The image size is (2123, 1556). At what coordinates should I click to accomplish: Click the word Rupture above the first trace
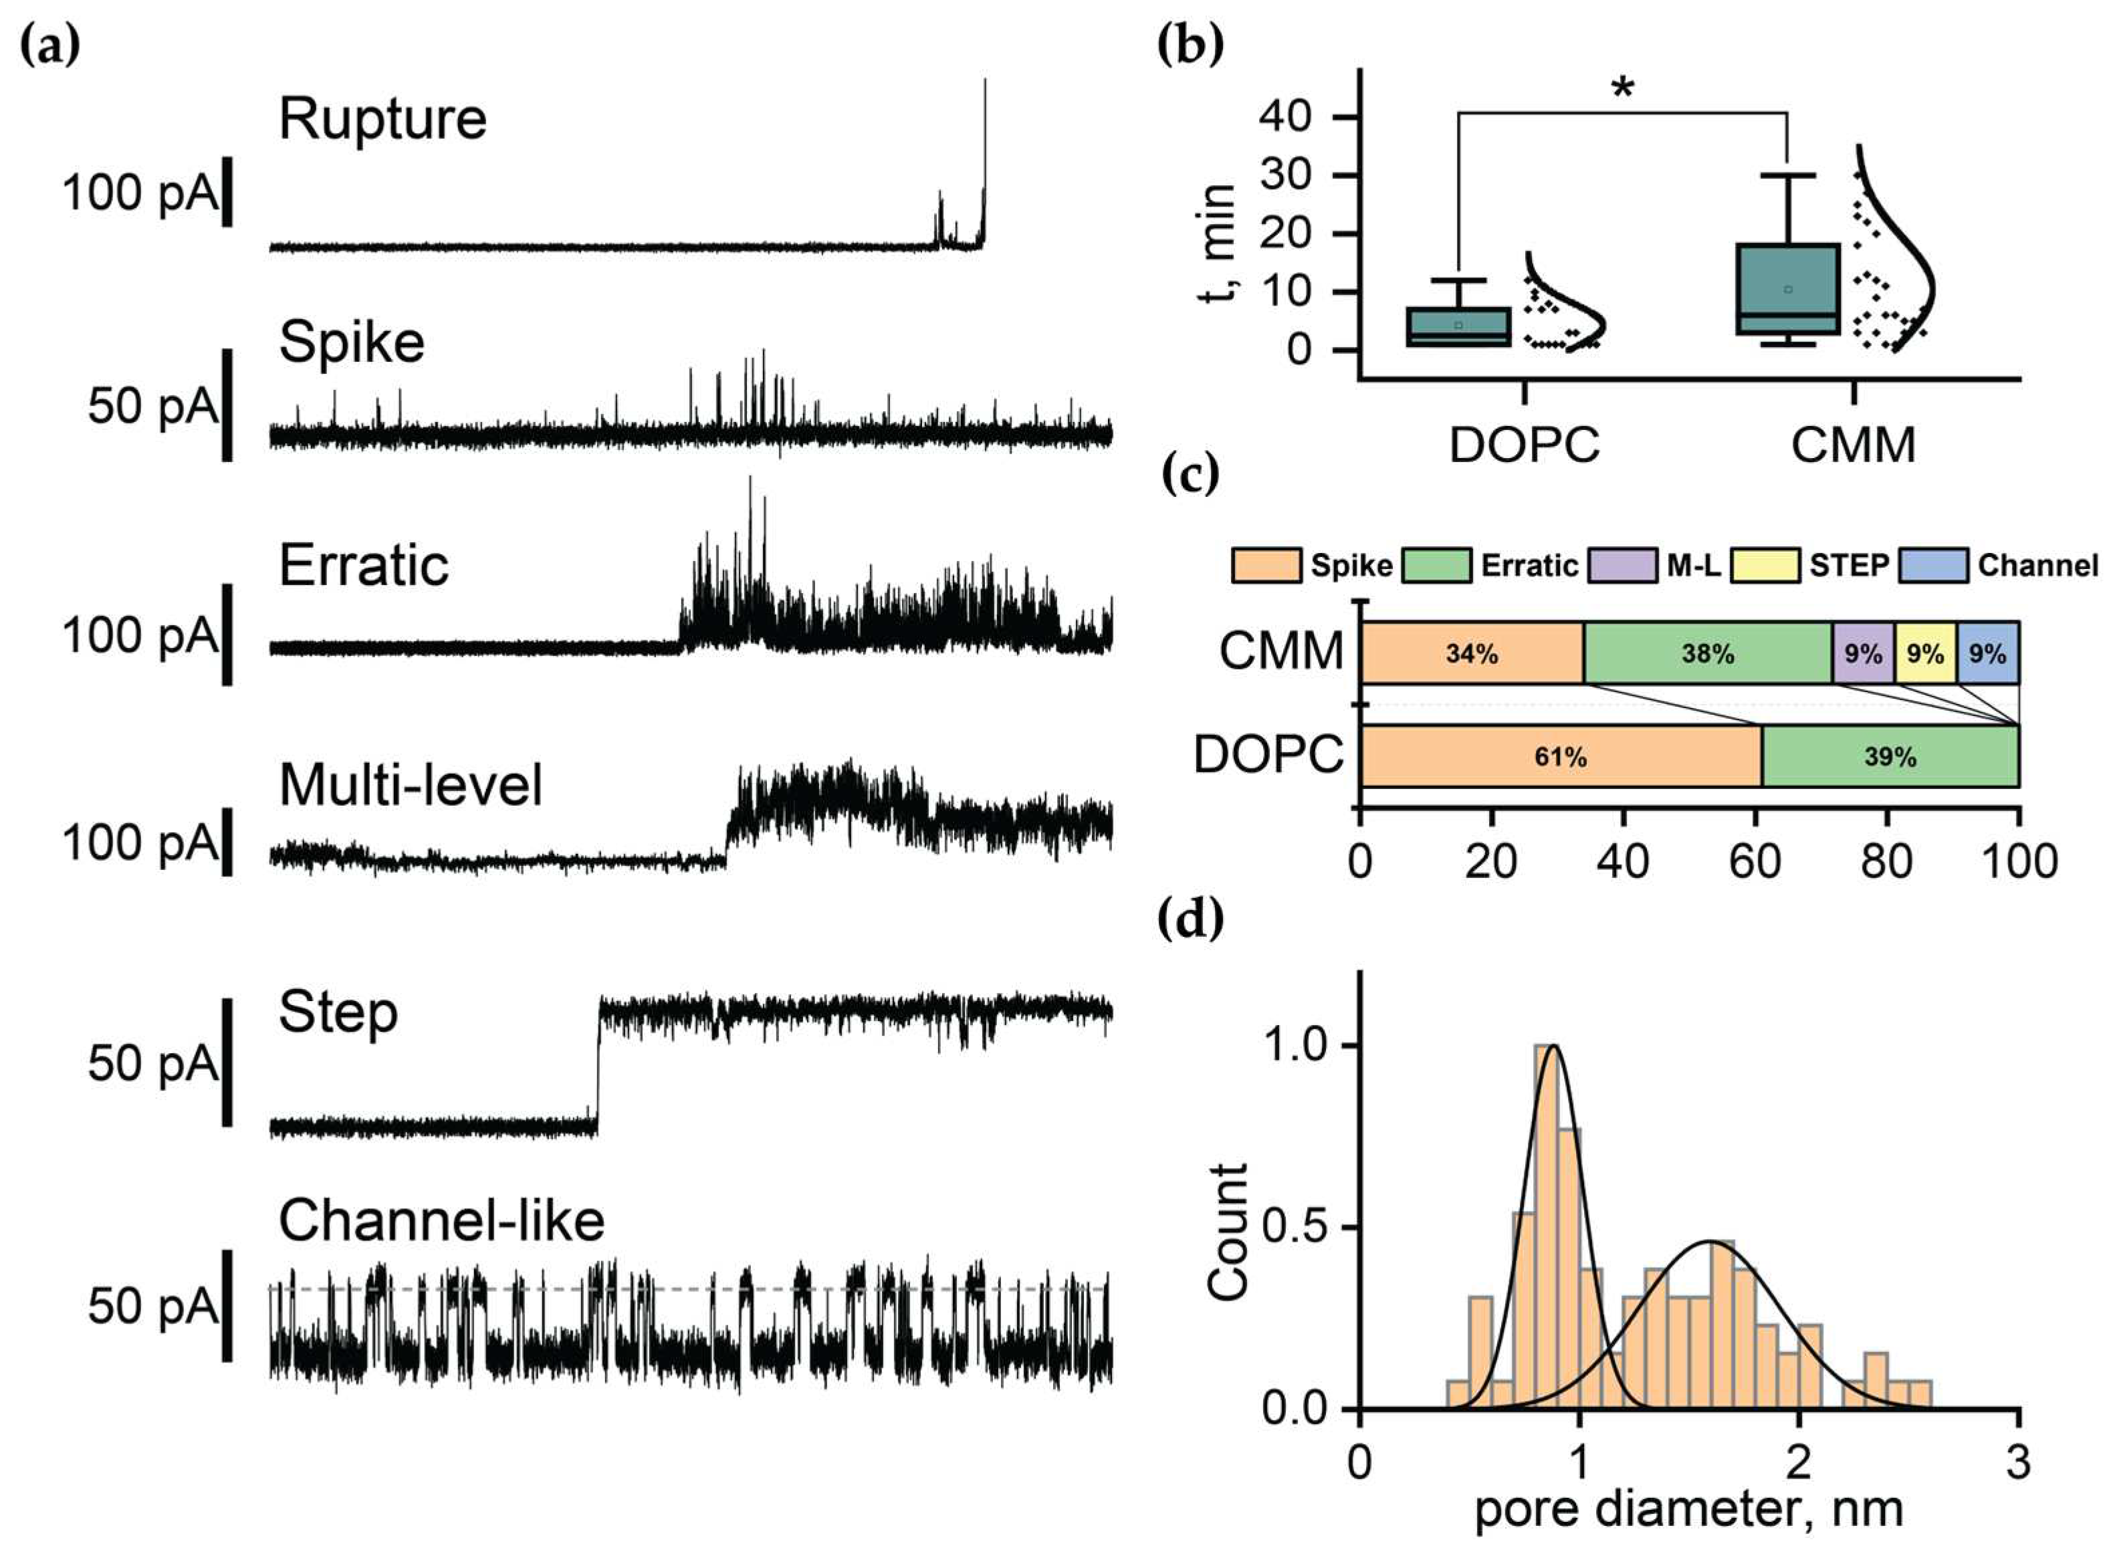[382, 120]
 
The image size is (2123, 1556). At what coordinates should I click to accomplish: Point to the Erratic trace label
[364, 566]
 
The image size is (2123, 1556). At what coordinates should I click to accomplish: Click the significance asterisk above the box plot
[1623, 90]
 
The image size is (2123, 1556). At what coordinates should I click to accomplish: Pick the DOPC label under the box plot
[1524, 445]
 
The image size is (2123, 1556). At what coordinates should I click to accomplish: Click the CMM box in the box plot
[1788, 289]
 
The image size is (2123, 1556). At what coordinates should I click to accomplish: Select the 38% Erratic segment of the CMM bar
[1708, 653]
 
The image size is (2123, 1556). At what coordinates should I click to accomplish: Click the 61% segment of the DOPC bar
[1561, 756]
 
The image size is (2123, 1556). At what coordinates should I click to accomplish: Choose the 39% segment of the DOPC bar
[1890, 756]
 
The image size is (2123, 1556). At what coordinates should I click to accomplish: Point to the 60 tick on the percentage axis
[1755, 861]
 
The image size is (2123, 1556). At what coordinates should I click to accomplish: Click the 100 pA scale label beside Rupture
[139, 194]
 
